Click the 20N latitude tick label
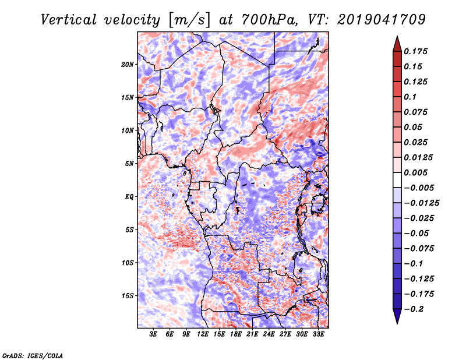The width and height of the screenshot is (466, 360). click(127, 65)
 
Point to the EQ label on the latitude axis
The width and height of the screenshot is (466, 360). click(129, 197)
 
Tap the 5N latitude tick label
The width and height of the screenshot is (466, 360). click(129, 164)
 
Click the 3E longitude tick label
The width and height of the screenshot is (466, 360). click(153, 334)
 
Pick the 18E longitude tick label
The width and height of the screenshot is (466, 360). click(236, 334)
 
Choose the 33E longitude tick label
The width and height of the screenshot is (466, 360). click(318, 334)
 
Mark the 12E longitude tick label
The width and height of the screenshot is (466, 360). click(203, 334)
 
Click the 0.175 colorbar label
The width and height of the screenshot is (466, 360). click(415, 51)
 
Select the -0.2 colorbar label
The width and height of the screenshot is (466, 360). click(414, 309)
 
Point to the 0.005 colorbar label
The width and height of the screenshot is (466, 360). click(415, 172)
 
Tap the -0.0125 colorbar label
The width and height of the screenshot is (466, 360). click(421, 203)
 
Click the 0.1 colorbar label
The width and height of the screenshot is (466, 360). click(410, 97)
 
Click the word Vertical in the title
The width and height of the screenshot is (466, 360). click(69, 20)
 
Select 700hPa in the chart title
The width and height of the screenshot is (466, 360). click(268, 20)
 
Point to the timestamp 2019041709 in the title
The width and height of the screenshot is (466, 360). click(382, 20)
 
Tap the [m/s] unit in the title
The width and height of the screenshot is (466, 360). click(189, 20)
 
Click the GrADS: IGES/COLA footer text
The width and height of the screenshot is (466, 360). click(33, 356)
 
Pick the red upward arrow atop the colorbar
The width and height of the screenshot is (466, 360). click(397, 44)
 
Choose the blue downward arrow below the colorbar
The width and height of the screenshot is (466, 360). click(397, 316)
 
